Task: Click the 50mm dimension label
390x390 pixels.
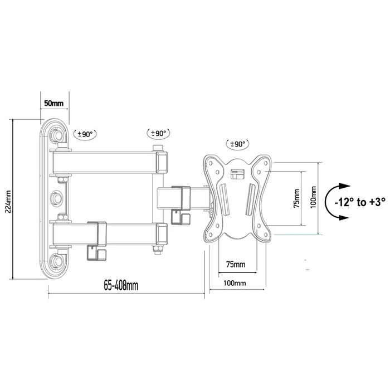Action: tap(53, 104)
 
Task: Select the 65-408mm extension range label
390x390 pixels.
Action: tap(121, 286)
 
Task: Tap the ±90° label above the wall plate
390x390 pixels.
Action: tap(86, 134)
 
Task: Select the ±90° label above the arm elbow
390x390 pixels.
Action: tap(159, 133)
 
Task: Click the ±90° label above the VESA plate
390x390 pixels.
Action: tap(236, 144)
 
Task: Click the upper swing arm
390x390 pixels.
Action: tap(106, 162)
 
